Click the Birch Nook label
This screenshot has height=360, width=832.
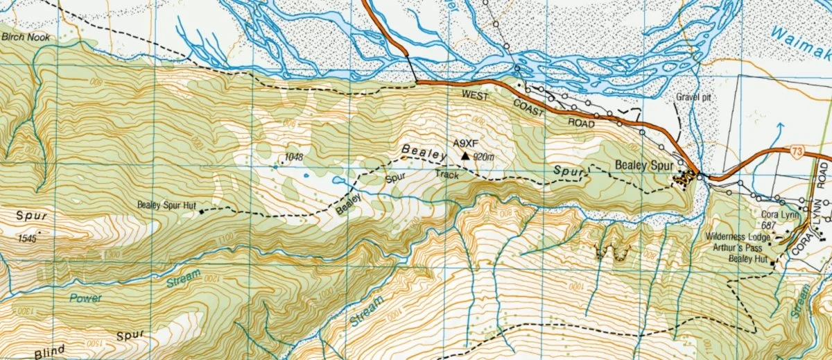tap(26, 37)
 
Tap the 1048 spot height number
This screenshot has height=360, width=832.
tap(293, 157)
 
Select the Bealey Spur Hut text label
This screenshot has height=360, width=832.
tap(167, 205)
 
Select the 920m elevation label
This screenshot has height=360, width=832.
tap(483, 157)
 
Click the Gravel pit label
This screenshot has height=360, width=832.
tap(694, 98)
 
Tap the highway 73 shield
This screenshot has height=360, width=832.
tap(799, 151)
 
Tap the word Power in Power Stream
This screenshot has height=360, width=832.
tap(85, 298)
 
